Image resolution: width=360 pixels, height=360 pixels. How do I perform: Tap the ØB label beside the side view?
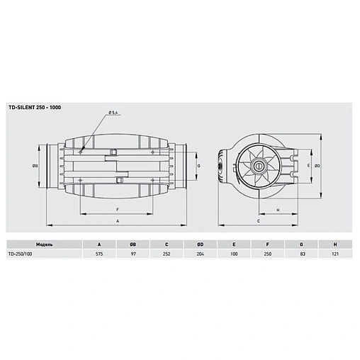point(34,166)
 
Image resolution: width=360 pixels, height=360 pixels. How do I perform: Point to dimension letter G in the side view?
point(199,166)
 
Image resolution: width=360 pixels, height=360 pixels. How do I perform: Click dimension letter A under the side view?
point(117,221)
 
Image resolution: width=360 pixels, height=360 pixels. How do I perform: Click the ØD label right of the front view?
point(318,166)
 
